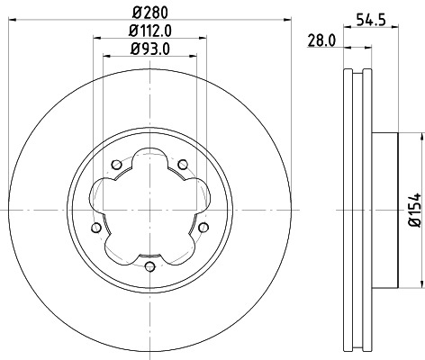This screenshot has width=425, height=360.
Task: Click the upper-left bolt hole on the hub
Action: pos(117,164)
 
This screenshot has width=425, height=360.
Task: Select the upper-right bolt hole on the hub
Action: pos(182,164)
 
